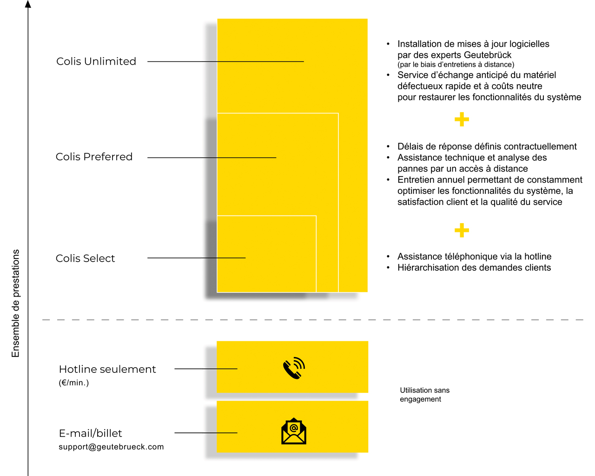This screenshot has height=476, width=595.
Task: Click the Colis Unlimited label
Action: pos(96,61)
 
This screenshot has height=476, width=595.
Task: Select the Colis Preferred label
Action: pos(94,157)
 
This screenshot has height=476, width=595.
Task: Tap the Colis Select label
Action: pos(85,258)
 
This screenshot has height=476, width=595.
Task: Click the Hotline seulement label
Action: pos(107,369)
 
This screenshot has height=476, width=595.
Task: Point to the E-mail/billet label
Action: pos(90,433)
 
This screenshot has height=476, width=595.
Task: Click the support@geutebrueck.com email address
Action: pos(111,447)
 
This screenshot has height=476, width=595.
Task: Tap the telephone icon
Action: pos(294,368)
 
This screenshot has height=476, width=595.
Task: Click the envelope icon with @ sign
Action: pos(294,431)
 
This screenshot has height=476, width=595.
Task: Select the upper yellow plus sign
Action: pos(462,119)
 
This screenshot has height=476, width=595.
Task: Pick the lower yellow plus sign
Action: pos(462,230)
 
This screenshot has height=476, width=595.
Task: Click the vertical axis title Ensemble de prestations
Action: pos(15,304)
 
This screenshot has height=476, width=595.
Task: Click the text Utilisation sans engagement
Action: pos(425,395)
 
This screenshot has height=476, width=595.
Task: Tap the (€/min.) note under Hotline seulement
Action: pos(74,383)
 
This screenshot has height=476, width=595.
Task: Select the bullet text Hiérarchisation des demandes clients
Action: pos(474,267)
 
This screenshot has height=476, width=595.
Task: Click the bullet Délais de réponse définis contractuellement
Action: pos(487,146)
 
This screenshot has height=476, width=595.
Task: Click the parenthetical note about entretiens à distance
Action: pos(456,65)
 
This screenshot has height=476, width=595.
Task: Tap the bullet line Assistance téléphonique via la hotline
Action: pos(475,257)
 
